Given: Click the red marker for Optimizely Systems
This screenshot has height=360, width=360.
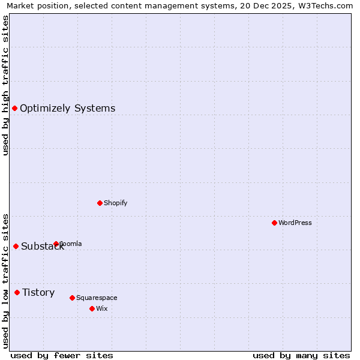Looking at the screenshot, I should [14, 108].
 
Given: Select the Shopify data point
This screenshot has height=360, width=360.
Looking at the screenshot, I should [100, 203].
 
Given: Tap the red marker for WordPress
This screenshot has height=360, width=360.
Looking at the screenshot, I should [274, 223].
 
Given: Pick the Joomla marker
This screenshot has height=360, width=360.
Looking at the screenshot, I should [56, 244].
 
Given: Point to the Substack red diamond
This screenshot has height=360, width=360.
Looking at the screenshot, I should [16, 246].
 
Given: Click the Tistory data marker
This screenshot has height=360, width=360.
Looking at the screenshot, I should [17, 292].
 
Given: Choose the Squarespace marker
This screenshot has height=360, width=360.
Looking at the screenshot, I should [72, 298].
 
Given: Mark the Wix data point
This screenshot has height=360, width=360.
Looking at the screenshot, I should [92, 308].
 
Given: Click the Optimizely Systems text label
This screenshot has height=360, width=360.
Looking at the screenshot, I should [67, 109].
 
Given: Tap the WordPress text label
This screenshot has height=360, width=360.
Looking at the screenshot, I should [295, 223].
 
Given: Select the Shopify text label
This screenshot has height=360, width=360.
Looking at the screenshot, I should [115, 203].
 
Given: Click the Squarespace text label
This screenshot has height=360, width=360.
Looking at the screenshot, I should [97, 298].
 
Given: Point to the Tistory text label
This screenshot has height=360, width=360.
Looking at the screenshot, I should [38, 293].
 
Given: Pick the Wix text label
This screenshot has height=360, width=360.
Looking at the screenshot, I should [101, 308].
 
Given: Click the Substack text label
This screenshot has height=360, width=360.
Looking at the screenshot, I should [42, 247].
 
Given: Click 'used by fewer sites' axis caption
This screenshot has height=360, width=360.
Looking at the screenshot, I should [62, 355].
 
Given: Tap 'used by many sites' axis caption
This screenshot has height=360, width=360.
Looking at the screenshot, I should [301, 355].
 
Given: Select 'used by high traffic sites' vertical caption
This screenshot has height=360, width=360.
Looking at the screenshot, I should [6, 85].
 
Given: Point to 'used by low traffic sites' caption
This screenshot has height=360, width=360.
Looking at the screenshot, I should [6, 281].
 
